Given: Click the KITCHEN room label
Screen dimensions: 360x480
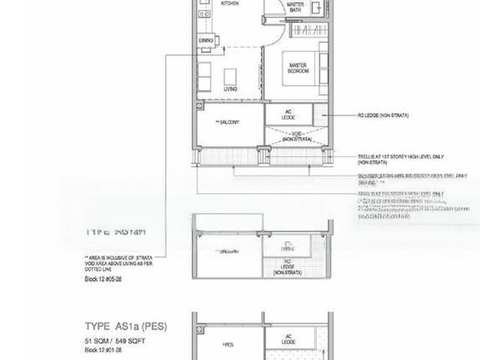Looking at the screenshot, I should (230, 4).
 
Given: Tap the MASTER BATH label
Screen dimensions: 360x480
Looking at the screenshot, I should (295, 7).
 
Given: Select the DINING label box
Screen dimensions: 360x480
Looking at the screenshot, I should (205, 39).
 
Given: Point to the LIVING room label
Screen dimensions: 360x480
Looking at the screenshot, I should (231, 88).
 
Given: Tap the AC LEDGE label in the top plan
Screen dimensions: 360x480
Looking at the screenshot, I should (288, 115).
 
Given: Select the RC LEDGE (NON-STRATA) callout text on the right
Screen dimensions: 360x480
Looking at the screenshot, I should (388, 116).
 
